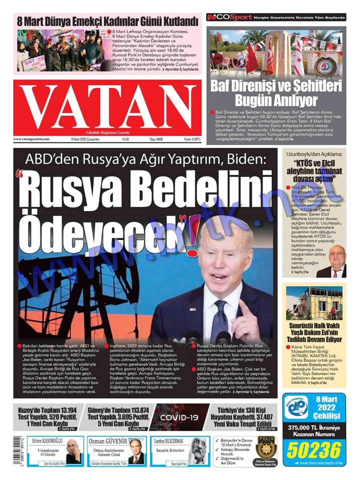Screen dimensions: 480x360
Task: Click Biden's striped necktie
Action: pyautogui.click(x=220, y=320)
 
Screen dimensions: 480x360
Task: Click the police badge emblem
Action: pyautogui.click(x=265, y=446)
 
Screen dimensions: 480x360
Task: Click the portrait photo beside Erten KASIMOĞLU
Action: pyautogui.click(x=73, y=451)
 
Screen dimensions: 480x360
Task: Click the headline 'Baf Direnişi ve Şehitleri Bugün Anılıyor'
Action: pyautogui.click(x=276, y=91)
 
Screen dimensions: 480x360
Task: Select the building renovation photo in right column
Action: pyautogui.click(x=314, y=303)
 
